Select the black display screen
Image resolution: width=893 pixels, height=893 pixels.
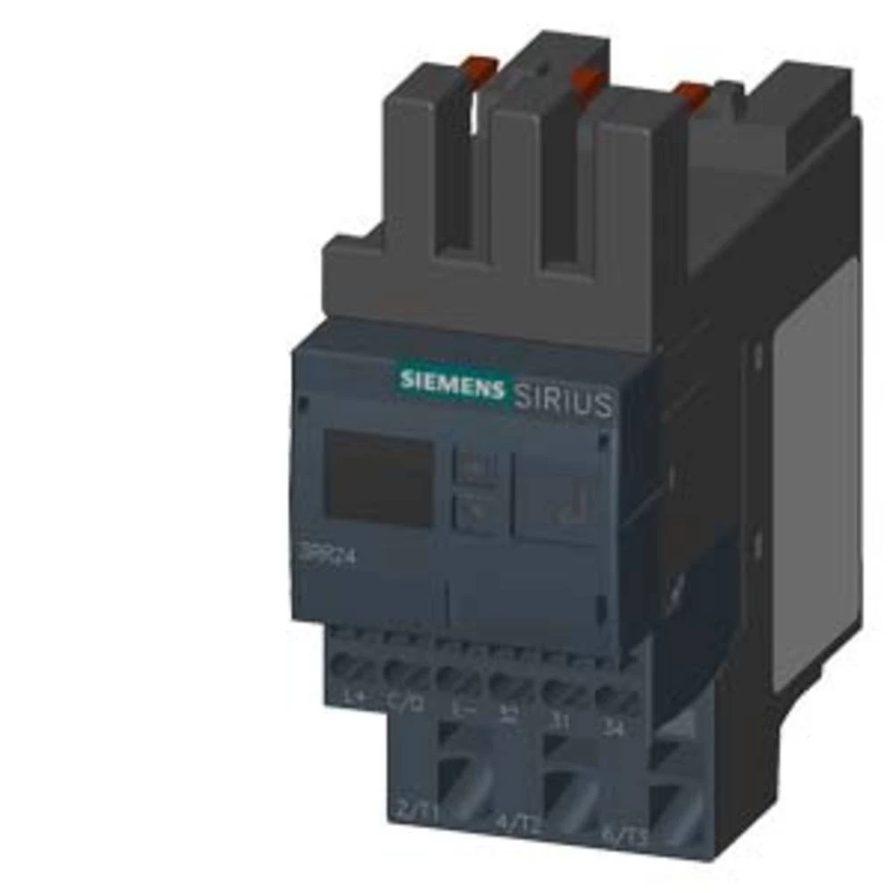click(379, 478)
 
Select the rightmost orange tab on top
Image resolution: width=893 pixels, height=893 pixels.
click(689, 94)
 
